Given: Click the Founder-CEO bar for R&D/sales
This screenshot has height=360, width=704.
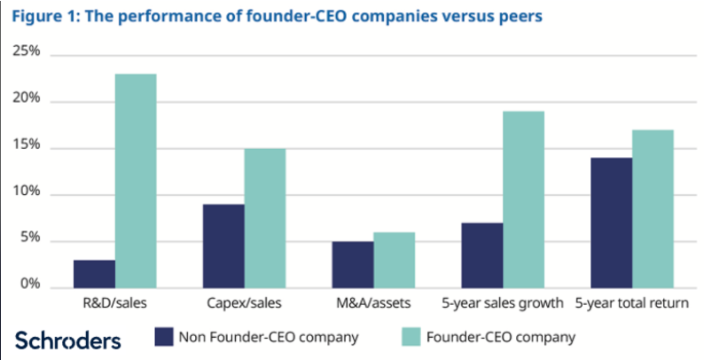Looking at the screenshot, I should click(x=135, y=181).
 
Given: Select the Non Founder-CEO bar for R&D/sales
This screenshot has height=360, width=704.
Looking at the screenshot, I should click(x=93, y=274).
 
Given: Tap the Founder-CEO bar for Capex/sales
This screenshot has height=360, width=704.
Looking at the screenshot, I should click(x=264, y=218).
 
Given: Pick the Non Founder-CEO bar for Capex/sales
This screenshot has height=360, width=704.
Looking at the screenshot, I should click(x=223, y=246).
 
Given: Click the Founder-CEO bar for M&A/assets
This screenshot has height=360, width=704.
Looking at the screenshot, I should click(x=394, y=260).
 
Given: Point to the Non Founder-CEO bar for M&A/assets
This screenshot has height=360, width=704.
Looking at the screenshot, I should click(x=352, y=264).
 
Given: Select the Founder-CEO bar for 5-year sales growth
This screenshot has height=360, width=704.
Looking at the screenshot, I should click(x=523, y=200).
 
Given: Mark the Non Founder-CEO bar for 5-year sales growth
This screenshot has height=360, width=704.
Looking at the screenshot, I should click(x=481, y=255).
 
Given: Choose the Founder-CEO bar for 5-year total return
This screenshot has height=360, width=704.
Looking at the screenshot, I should click(x=653, y=208).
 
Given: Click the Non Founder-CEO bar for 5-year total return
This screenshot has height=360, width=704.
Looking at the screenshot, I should click(x=611, y=223).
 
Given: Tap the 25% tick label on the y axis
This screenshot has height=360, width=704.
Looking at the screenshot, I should click(x=27, y=52).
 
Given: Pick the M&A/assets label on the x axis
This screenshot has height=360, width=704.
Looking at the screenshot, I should click(x=372, y=304).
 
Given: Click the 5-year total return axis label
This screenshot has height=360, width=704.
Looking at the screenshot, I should click(x=631, y=304).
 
